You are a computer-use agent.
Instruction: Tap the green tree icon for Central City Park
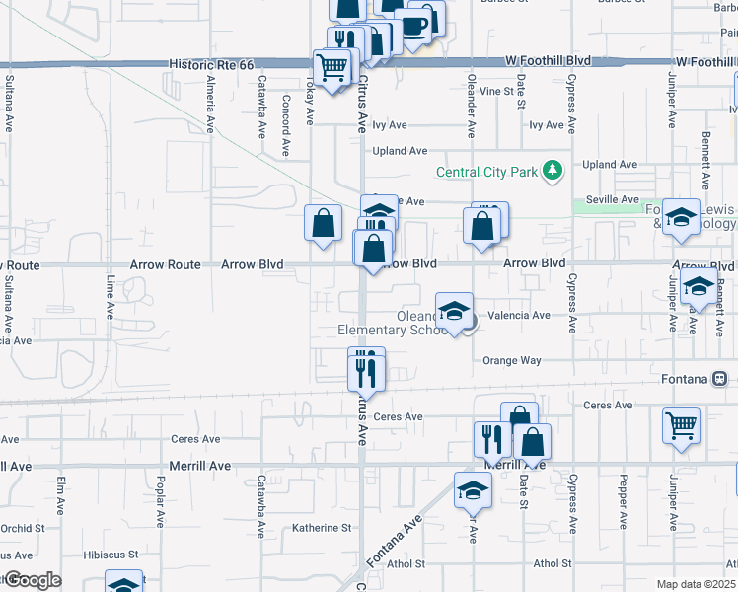(x=553, y=172)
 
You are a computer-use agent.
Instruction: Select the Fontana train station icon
(x=720, y=379)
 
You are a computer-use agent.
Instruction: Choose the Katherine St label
(x=322, y=528)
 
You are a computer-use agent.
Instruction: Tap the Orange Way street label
(x=512, y=360)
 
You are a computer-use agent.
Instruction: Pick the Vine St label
(x=502, y=91)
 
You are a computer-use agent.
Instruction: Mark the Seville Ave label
(x=611, y=199)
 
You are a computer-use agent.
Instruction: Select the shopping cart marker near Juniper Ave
(x=681, y=425)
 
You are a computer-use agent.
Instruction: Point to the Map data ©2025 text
(x=696, y=584)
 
